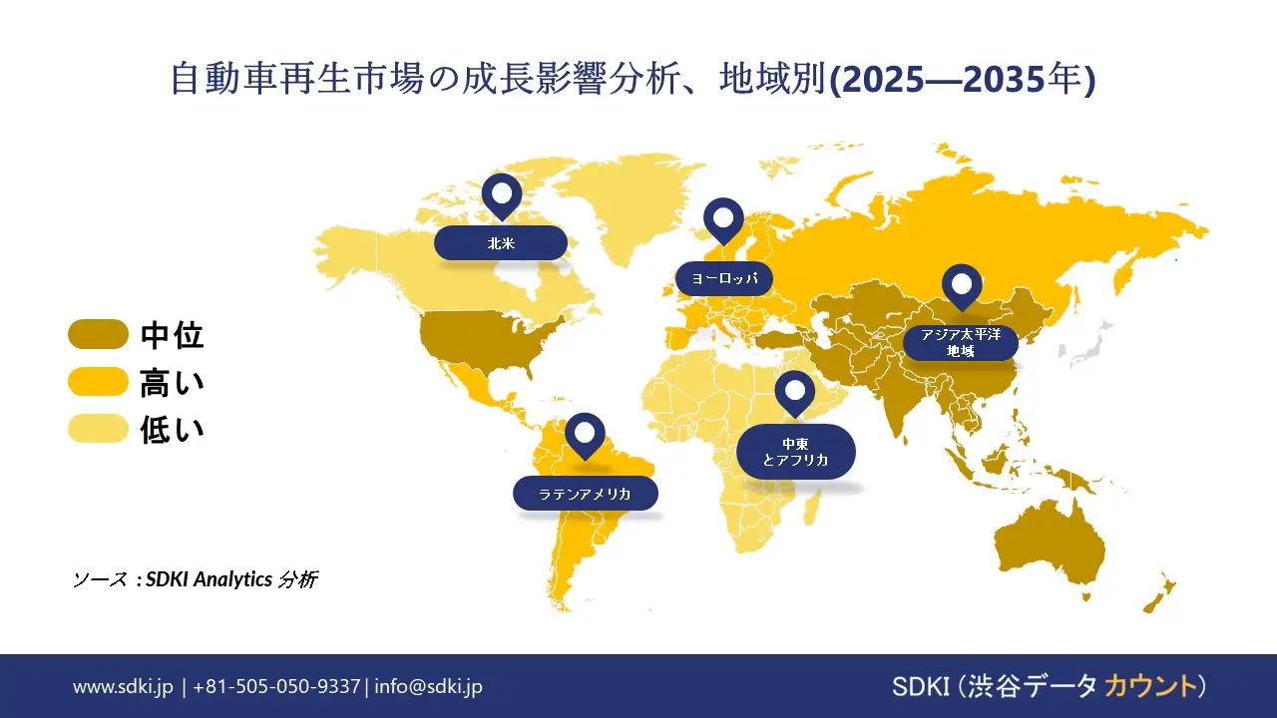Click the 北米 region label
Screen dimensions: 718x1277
coord(501,243)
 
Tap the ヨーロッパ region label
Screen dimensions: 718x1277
coord(724,278)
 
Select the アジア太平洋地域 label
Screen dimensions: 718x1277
coord(961,342)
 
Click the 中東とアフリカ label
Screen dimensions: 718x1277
coord(795,451)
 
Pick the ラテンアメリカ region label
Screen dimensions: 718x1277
coord(586,494)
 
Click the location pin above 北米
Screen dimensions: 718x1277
coord(501,194)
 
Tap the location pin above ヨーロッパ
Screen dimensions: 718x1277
coord(723,218)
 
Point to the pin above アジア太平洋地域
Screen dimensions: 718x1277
coord(962,285)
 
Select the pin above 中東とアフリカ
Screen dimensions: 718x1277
coord(794,392)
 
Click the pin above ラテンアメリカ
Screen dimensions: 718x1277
coord(585,434)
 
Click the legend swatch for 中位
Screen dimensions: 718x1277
coord(98,335)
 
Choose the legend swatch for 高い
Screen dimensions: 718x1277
coord(98,382)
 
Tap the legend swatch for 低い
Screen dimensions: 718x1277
coord(98,429)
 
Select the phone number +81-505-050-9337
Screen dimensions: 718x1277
coord(276,686)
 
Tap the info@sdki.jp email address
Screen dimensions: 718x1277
coord(429,686)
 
